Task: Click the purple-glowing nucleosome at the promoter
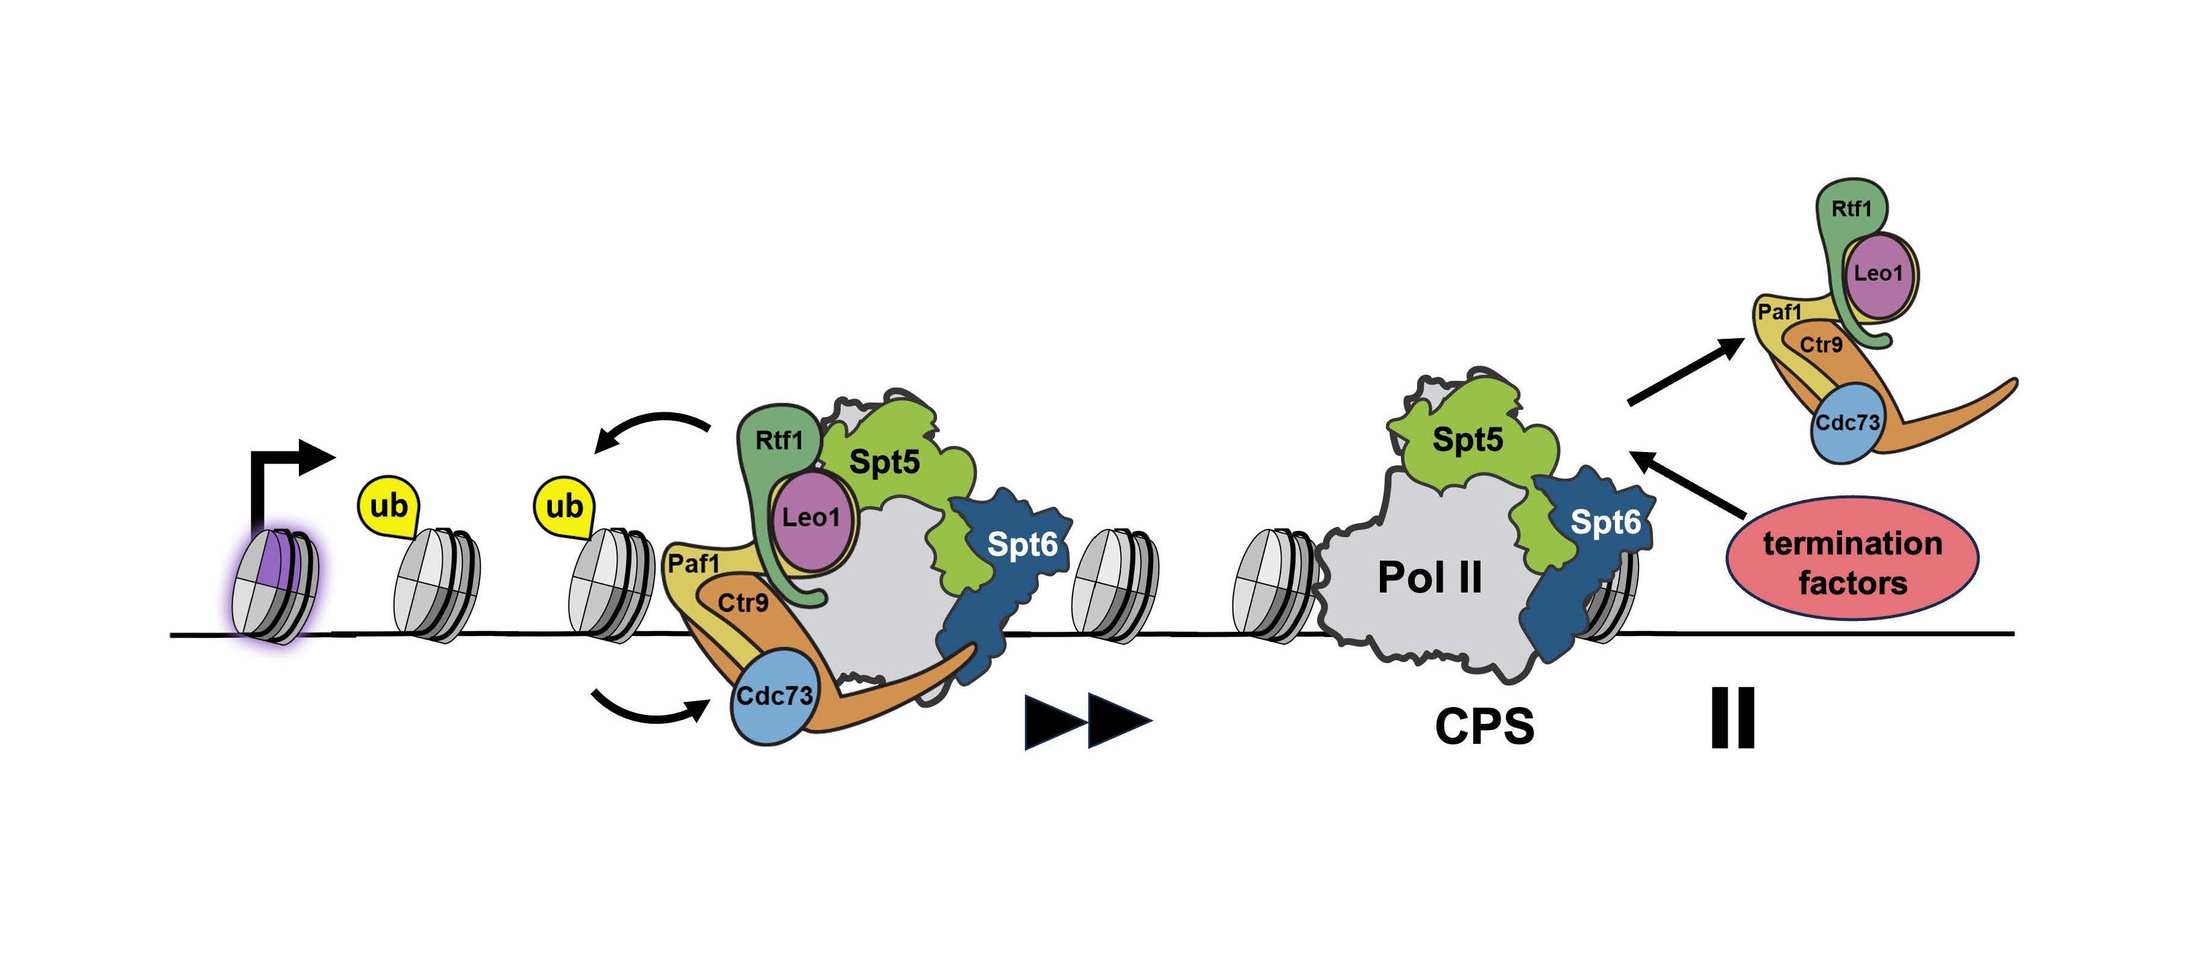pyautogui.click(x=274, y=585)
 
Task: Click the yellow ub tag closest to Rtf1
pyautogui.click(x=564, y=506)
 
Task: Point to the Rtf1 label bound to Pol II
pyautogui.click(x=778, y=440)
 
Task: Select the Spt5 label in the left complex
pyautogui.click(x=884, y=462)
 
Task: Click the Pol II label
pyautogui.click(x=1429, y=579)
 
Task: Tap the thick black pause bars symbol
pyautogui.click(x=1732, y=718)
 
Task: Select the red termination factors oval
pyautogui.click(x=1852, y=560)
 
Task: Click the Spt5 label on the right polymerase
pyautogui.click(x=1467, y=439)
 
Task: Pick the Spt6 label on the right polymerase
pyautogui.click(x=1605, y=522)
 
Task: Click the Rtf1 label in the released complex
pyautogui.click(x=1851, y=209)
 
